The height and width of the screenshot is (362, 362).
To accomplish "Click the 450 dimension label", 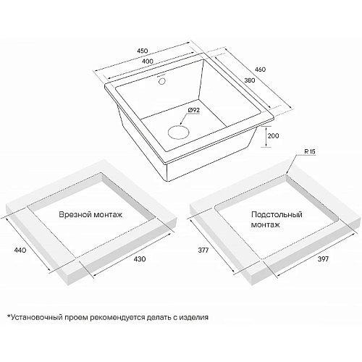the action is tap(143, 51).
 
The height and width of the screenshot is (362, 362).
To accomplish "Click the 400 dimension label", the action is tap(148, 62).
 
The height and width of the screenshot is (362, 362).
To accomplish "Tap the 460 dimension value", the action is tap(261, 70).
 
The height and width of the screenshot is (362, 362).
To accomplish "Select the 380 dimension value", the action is tap(250, 80).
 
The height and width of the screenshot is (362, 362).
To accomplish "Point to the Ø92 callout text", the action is tap(193, 110).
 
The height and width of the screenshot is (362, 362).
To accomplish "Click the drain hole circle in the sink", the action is tap(178, 132).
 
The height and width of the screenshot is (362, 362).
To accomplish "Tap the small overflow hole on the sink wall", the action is tap(161, 81).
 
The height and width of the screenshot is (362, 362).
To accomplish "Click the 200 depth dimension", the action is tap(273, 136).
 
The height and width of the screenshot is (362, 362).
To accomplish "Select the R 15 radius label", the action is tap(310, 151).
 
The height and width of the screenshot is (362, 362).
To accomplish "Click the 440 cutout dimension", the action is tap(20, 251).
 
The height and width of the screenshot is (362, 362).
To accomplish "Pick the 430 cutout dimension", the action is tap(140, 259).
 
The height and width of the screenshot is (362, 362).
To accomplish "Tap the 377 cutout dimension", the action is tap(203, 251).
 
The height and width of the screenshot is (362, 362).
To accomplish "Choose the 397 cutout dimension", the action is tap(323, 259).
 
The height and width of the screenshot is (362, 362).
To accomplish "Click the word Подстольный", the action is tap(277, 214).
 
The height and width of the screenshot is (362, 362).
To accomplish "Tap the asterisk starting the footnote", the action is tap(9, 316).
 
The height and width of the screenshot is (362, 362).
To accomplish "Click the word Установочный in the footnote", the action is tap(38, 317).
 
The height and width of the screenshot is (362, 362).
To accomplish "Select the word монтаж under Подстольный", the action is tap(266, 224).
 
